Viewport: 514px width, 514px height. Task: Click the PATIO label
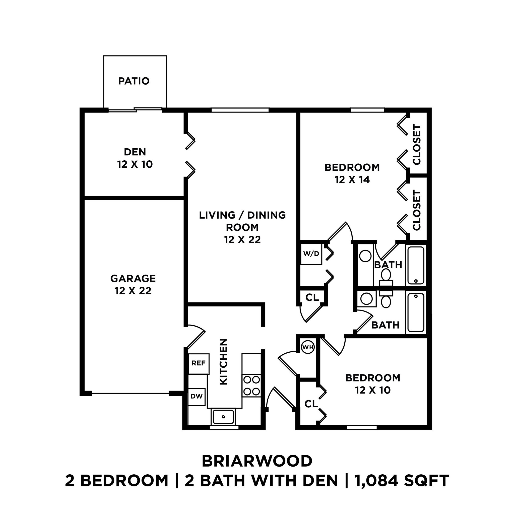click(134, 81)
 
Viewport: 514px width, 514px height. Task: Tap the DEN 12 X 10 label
click(135, 158)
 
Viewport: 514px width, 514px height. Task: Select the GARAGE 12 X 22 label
click(133, 284)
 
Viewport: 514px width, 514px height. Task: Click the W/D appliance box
click(311, 254)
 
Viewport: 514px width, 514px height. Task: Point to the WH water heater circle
click(308, 347)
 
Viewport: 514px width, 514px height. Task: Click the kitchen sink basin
click(223, 417)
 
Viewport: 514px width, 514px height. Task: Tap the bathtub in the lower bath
click(416, 313)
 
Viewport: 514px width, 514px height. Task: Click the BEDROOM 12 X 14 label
click(352, 173)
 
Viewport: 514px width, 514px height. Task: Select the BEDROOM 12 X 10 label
click(372, 384)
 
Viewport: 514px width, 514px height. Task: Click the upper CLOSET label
click(417, 145)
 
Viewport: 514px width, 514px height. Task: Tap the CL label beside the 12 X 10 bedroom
click(311, 404)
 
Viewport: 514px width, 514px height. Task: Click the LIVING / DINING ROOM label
click(242, 227)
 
